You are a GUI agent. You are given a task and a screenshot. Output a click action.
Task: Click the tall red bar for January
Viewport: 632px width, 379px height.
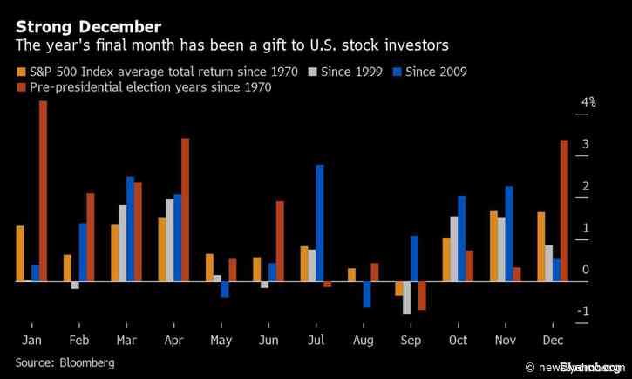pos(43,191)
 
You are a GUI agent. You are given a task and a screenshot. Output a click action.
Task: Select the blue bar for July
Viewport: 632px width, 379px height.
pos(320,223)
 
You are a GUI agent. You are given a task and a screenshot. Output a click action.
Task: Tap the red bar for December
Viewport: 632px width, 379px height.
pos(564,210)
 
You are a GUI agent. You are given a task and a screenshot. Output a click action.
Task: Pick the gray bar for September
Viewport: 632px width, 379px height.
pos(406,298)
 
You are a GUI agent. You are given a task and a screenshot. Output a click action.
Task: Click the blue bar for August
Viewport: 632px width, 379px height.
pos(367,294)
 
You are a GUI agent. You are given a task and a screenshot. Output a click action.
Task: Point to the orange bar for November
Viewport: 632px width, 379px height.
pos(493,246)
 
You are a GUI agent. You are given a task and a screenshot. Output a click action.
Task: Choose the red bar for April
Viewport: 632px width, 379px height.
pos(185,210)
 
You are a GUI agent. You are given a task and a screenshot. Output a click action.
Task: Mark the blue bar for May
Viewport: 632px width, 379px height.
pos(225,289)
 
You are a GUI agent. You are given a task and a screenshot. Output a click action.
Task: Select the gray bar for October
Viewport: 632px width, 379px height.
pos(454,249)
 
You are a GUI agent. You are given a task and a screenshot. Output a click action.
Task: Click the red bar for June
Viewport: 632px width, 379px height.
pos(280,241)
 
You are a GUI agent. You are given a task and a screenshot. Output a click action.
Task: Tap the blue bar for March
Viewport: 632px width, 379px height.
pos(130,229)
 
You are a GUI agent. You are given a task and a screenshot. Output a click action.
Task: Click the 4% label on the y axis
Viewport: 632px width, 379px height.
pos(589,102)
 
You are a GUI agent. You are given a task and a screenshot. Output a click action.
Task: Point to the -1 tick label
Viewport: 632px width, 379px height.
pos(585,312)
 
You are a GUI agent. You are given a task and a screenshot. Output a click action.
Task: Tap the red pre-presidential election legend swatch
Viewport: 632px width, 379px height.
pos(20,87)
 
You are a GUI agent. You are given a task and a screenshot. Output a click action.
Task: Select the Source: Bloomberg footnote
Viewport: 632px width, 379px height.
pos(65,361)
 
